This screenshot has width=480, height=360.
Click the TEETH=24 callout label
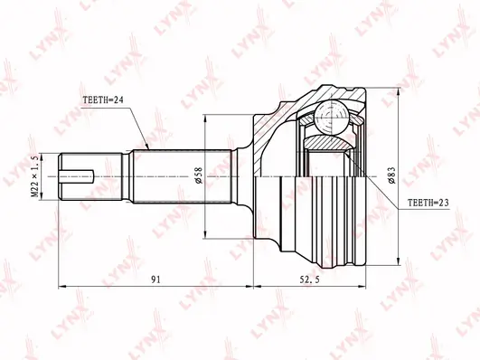pyautogui.click(x=103, y=100)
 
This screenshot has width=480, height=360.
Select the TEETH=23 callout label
pyautogui.click(x=428, y=203)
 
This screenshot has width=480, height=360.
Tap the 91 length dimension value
pyautogui.click(x=155, y=279)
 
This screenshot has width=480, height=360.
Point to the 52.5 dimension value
pyautogui.click(x=310, y=279)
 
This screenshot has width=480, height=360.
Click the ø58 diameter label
pyautogui.click(x=199, y=175)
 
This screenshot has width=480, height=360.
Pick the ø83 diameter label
pyautogui.click(x=391, y=175)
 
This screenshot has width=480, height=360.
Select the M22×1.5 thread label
pyautogui.click(x=35, y=175)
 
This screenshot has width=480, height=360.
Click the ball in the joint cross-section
pyautogui.click(x=332, y=118)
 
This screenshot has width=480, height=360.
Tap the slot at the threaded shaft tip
pyautogui.click(x=77, y=176)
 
